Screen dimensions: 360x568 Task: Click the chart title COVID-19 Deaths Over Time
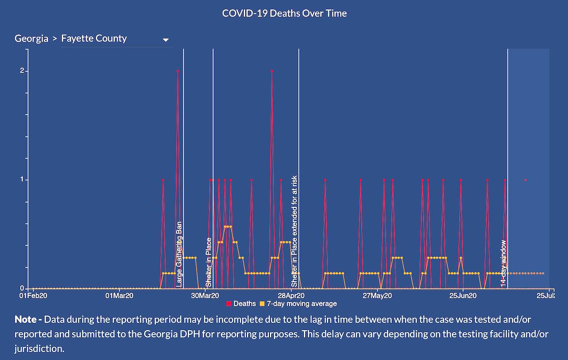[x=284, y=13]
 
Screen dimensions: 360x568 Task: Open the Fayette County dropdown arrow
[x=166, y=40]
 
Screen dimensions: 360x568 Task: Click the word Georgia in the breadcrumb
[x=31, y=38]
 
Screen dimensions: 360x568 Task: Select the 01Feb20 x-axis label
[x=34, y=296]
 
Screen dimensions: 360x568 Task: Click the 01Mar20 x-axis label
[x=119, y=296]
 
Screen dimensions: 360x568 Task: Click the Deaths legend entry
[x=241, y=304]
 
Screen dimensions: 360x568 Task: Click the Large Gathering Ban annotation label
[x=179, y=254]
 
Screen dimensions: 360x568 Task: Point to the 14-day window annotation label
[x=503, y=263]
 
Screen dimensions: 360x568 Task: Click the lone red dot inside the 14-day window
[x=525, y=180]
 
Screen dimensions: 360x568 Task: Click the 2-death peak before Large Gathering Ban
[x=178, y=71]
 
